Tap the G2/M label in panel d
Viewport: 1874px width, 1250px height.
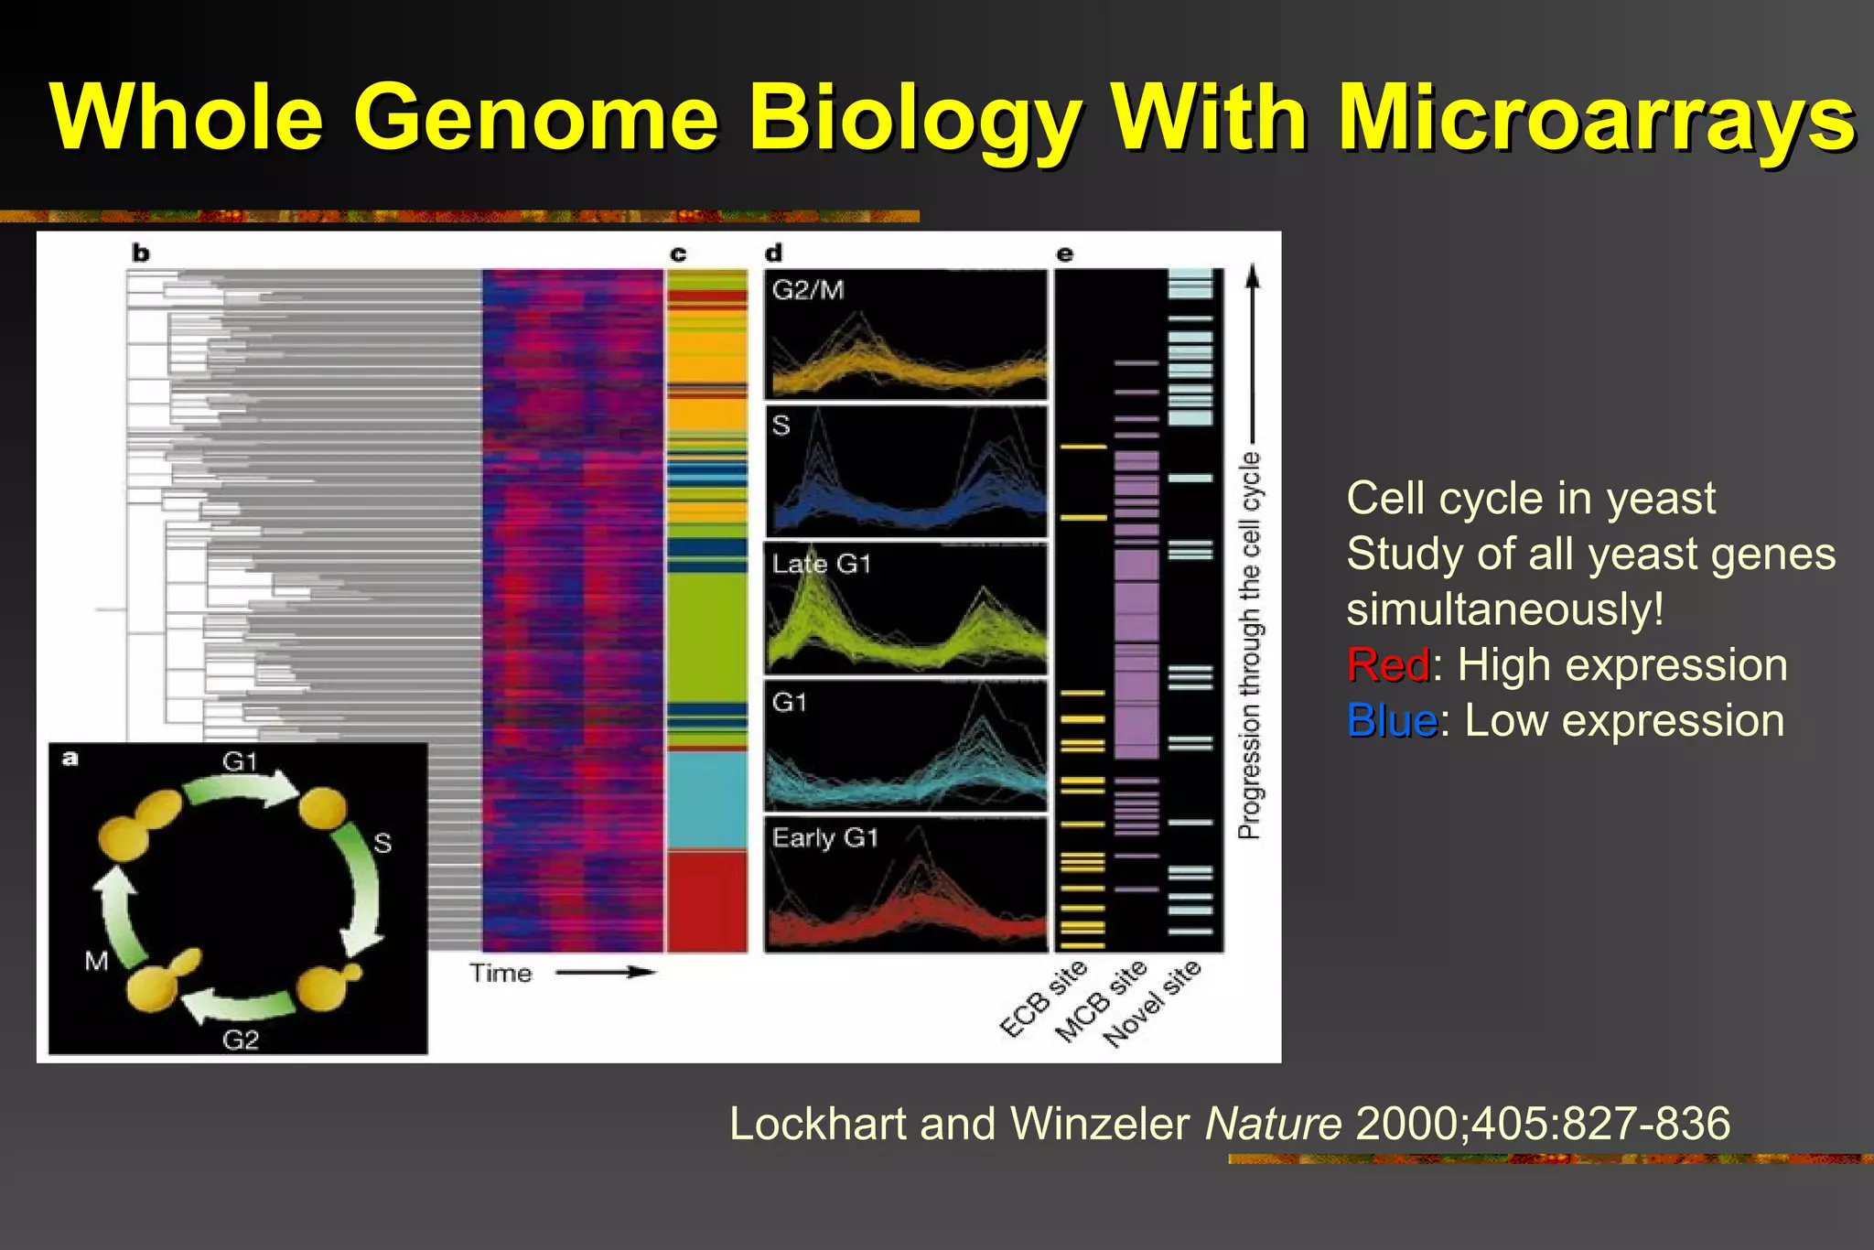click(808, 290)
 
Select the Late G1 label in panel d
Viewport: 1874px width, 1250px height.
click(821, 564)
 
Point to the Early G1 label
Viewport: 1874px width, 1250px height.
click(824, 837)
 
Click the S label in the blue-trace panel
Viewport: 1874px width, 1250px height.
click(781, 426)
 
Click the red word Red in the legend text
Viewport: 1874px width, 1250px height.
click(1387, 665)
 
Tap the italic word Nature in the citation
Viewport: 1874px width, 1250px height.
click(1273, 1124)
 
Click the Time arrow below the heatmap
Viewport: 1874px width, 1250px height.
click(606, 973)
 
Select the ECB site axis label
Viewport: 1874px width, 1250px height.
click(1043, 999)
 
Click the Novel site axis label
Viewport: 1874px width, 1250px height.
click(1151, 1004)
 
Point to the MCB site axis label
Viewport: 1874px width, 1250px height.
click(1101, 1002)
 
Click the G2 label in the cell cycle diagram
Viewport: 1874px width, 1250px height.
click(241, 1040)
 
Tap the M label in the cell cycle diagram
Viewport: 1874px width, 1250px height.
click(96, 961)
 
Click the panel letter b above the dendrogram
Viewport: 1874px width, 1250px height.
click(140, 253)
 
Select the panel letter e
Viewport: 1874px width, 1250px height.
click(1064, 253)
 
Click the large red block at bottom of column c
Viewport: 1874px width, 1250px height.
click(706, 901)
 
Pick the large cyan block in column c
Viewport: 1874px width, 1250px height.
click(706, 800)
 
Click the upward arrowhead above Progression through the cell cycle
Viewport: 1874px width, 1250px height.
click(1253, 275)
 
